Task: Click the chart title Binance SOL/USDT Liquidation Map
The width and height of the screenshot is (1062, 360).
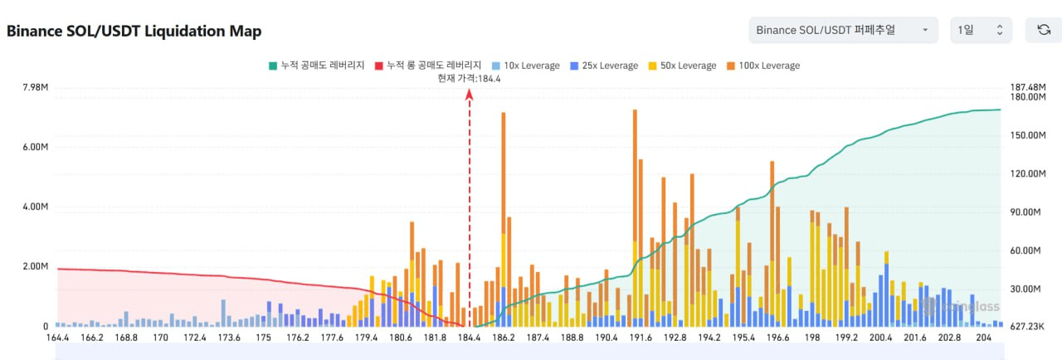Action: pos(134,32)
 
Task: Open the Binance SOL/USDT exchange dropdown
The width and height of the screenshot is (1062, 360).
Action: pos(842,31)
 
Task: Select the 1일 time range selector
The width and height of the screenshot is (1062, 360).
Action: pos(981,31)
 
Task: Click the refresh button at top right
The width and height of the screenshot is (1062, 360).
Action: pos(1044,31)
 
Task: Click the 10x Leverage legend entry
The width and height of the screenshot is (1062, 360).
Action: pos(526,66)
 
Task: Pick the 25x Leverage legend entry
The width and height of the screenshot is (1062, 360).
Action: pos(604,66)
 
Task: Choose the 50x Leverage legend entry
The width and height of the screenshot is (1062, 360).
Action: pos(681,66)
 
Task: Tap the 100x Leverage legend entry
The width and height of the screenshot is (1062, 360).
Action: pos(762,66)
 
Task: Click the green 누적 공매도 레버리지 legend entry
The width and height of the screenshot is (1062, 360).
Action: pos(317,66)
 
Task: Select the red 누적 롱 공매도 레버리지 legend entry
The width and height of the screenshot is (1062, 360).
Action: pos(428,66)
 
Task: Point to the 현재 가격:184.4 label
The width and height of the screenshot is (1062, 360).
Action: pos(470,78)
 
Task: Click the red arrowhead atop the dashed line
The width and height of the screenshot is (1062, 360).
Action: pos(470,95)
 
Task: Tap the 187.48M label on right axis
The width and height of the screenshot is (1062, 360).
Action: pos(1029,87)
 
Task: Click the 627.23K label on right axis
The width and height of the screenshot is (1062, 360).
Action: pos(1029,327)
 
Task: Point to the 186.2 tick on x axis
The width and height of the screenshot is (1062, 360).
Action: pos(503,338)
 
